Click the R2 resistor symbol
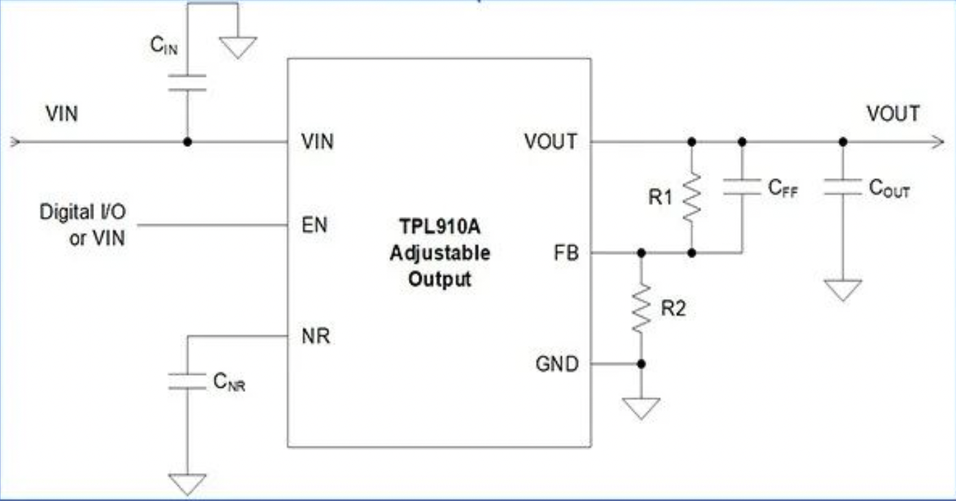641,308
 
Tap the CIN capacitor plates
187,83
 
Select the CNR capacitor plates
187,382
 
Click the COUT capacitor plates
843,187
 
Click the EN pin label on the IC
314,225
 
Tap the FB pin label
566,253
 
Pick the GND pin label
557,364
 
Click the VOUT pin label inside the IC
551,142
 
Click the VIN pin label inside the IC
318,142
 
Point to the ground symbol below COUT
843,290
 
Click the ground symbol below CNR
187,484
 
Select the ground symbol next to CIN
238,47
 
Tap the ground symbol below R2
641,408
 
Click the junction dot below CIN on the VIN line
187,142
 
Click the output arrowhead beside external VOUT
937,142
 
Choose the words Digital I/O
82,211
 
